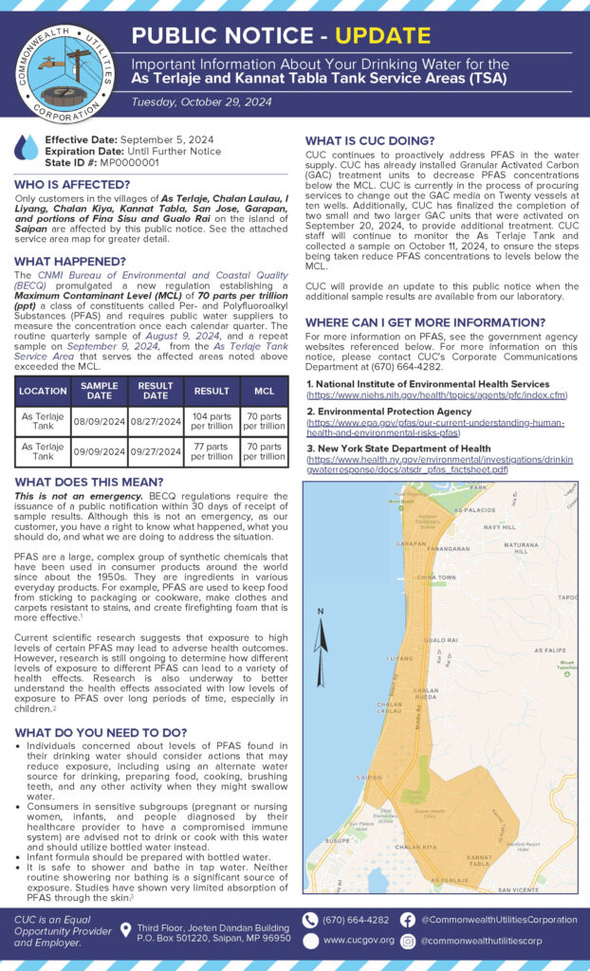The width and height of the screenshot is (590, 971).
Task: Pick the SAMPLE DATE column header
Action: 99,390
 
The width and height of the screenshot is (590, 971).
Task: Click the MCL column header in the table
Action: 263,390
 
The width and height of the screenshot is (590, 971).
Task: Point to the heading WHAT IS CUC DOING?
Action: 370,141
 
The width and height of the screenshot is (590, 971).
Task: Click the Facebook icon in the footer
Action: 407,920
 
